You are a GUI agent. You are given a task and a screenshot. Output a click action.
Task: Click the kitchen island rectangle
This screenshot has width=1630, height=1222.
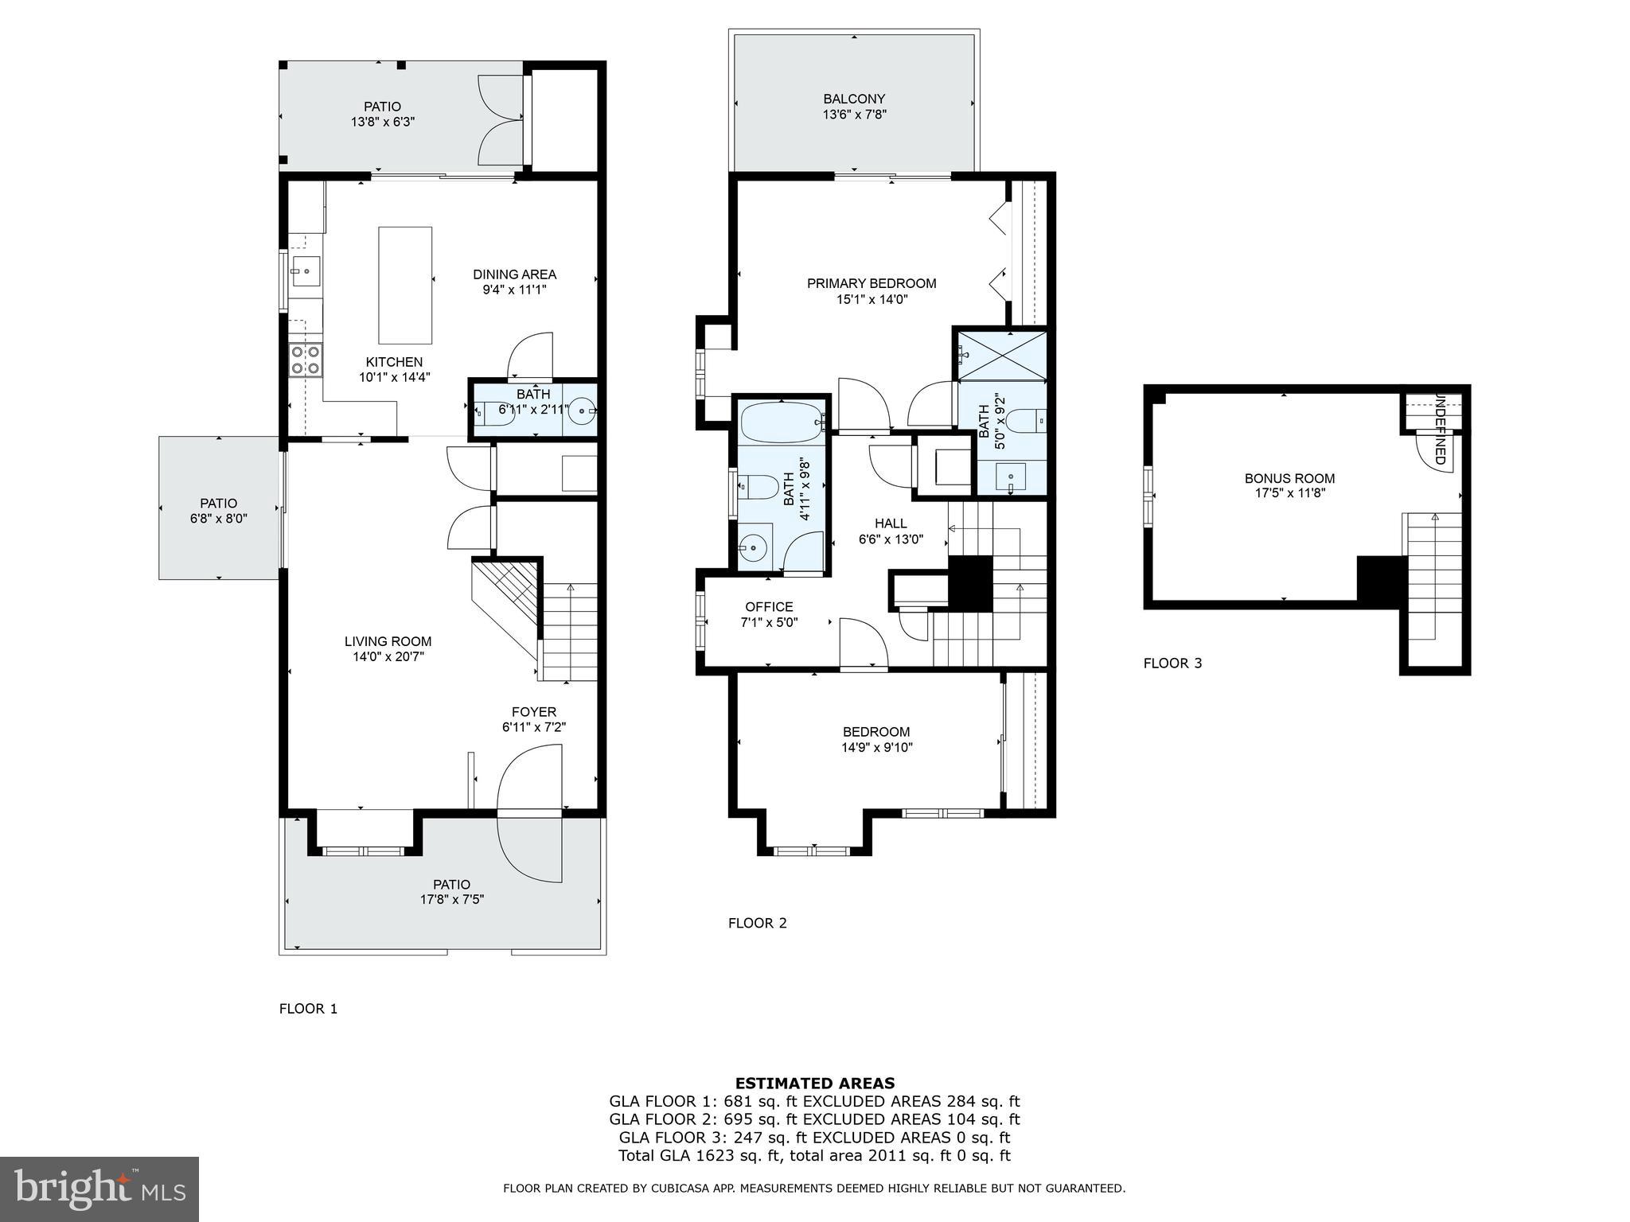click(x=405, y=285)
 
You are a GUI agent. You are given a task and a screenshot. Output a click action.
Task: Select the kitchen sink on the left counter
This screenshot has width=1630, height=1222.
click(x=306, y=271)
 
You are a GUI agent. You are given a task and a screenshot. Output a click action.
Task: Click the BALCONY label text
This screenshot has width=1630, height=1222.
click(x=854, y=99)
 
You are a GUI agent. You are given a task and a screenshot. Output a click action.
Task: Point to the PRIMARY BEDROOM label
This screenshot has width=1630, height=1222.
click(x=872, y=283)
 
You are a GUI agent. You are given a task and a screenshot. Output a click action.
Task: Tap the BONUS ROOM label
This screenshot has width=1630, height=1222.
click(x=1289, y=478)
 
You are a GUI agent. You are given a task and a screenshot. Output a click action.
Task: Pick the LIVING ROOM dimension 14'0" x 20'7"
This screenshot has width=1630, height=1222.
click(x=388, y=657)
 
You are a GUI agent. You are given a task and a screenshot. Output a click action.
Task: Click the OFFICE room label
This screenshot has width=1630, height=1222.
click(x=769, y=606)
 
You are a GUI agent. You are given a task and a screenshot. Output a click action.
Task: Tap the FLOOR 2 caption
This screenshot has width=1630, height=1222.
click(x=757, y=923)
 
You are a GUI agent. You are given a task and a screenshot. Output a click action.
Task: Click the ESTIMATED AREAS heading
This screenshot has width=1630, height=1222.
click(x=814, y=1083)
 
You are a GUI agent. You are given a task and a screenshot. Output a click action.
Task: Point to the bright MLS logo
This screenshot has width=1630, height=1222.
click(x=99, y=1189)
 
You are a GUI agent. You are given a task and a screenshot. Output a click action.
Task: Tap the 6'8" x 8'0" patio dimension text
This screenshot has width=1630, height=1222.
click(x=219, y=519)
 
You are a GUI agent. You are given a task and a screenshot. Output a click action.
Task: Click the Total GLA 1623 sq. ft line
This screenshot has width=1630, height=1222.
click(x=814, y=1156)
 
